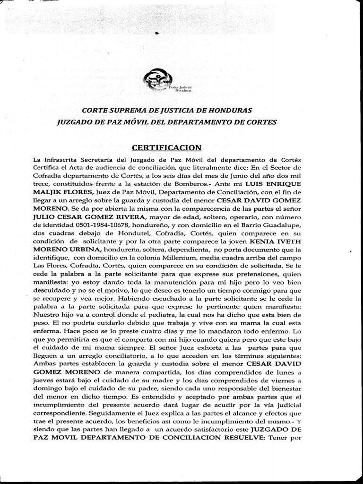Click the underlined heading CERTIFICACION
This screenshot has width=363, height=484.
tap(160, 147)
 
